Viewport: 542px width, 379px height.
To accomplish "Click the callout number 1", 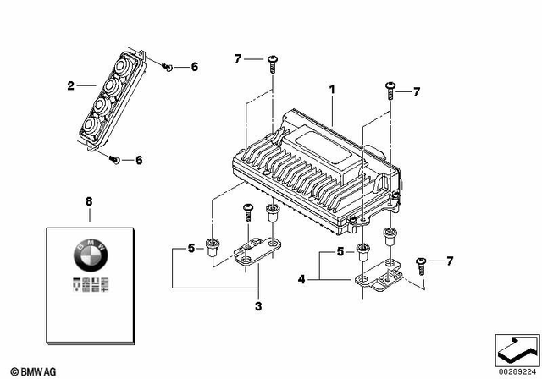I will point(333,89).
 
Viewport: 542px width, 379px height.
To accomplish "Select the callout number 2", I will point(71,85).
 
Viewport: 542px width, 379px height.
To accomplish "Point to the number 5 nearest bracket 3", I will point(191,249).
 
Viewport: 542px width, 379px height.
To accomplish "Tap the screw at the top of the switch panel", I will point(166,66).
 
